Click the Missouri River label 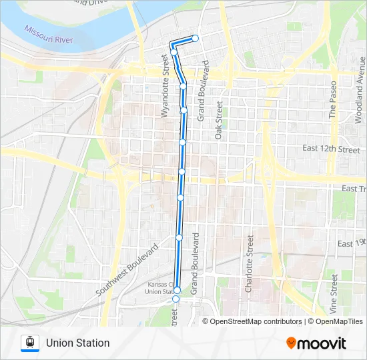(48, 35)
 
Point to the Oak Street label (218, 120)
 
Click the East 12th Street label (330, 149)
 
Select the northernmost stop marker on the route (196, 38)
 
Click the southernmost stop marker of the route (175, 300)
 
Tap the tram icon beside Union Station (29, 343)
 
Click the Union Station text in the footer (77, 343)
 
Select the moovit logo (316, 343)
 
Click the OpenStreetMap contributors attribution (256, 321)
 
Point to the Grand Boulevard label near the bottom (196, 264)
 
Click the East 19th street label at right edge (352, 243)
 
